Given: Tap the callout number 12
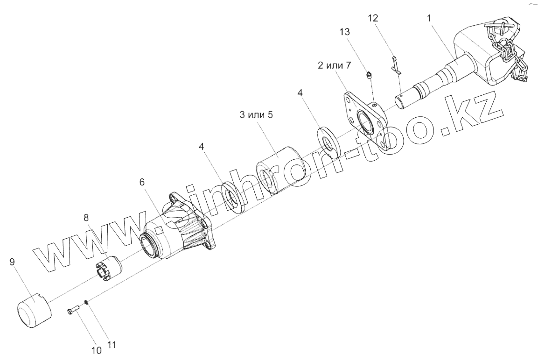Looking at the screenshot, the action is point(373,18).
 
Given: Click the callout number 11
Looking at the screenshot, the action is point(112,346).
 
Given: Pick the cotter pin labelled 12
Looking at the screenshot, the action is point(395,65).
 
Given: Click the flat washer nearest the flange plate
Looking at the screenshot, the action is point(329,141).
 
